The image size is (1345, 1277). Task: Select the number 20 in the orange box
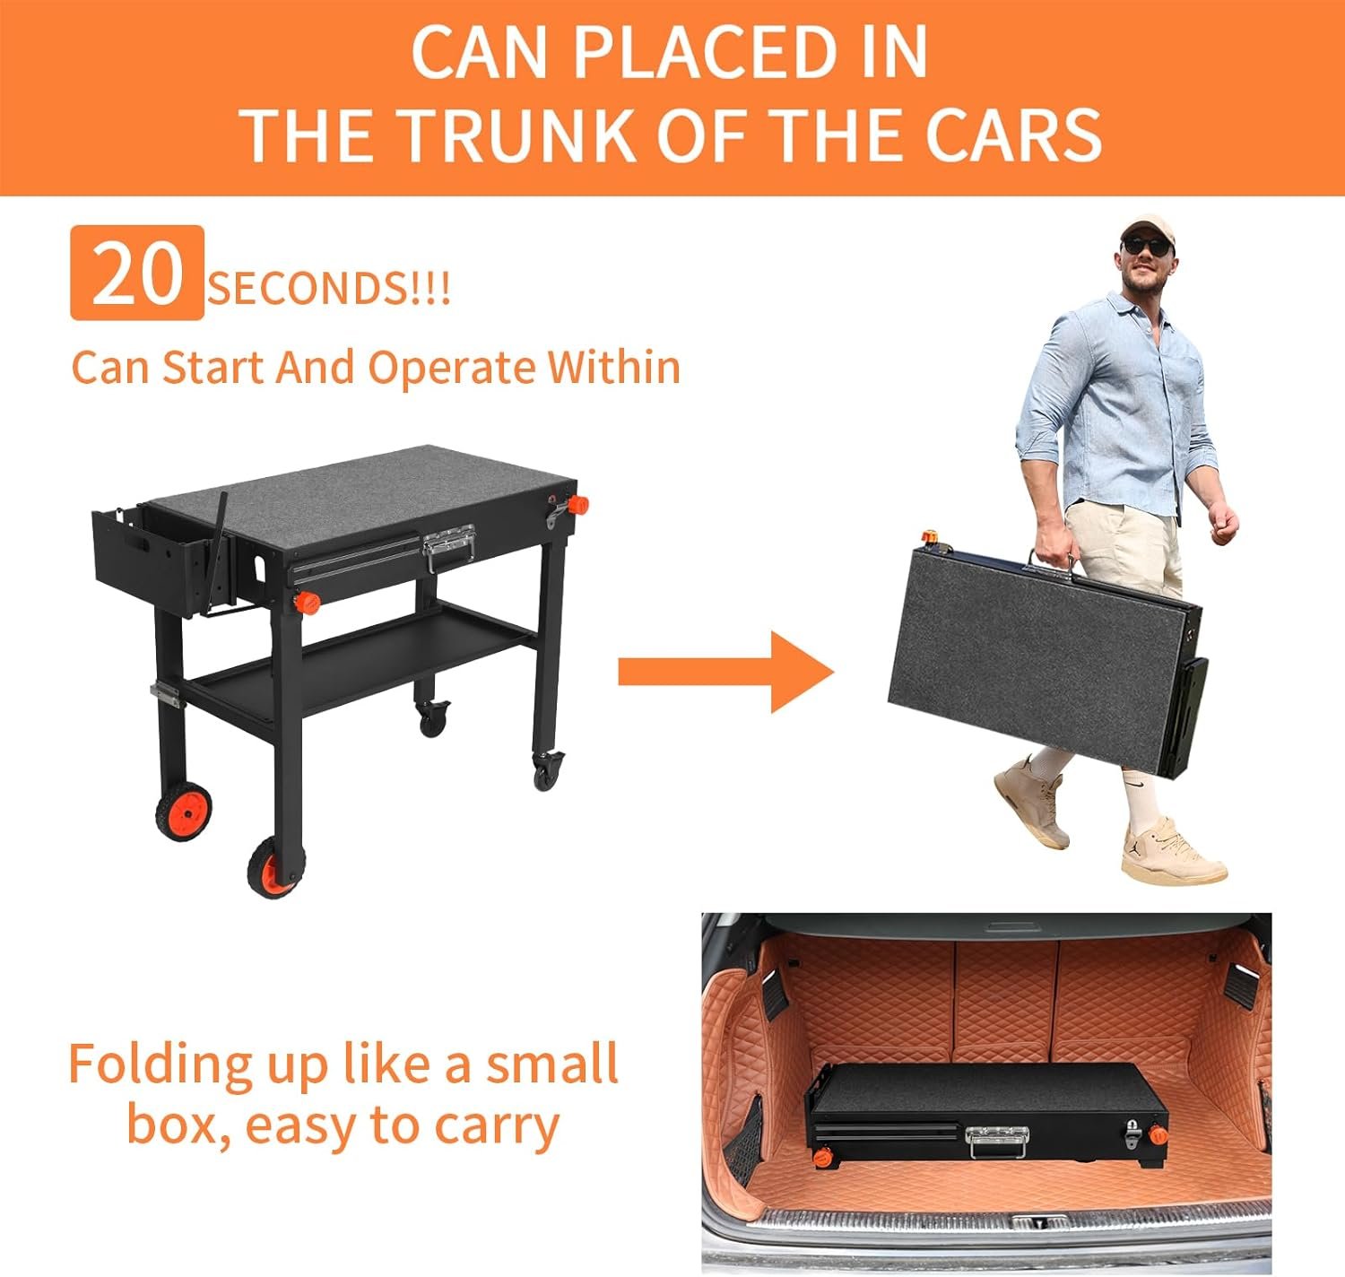pyautogui.click(x=137, y=274)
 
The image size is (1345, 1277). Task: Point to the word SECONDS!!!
pyautogui.click(x=329, y=289)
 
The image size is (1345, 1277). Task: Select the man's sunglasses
pyautogui.click(x=1146, y=244)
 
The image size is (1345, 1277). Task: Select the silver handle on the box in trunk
pyautogui.click(x=997, y=1142)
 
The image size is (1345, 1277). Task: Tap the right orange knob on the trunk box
pyautogui.click(x=1158, y=1135)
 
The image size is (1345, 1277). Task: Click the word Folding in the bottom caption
pyautogui.click(x=157, y=1065)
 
